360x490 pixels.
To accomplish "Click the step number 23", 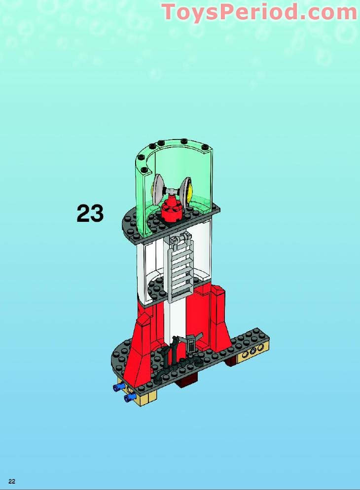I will coord(90,214).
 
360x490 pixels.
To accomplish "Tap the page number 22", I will coord(12,481).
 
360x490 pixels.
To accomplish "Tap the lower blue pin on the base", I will coord(130,397).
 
